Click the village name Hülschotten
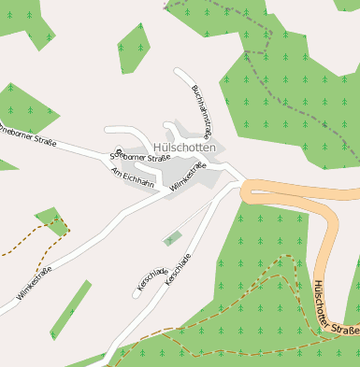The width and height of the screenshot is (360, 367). pos(185,148)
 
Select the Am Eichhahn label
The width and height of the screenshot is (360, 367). pos(132,177)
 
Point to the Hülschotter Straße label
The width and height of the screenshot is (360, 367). pos(338,307)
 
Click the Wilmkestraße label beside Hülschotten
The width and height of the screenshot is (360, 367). pos(189,177)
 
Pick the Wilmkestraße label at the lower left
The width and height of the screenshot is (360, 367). pos(35,283)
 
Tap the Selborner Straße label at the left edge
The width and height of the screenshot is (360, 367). pos(28,134)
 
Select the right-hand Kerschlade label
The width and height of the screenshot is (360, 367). pos(178,268)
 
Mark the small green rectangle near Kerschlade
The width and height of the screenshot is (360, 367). pos(171,239)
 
